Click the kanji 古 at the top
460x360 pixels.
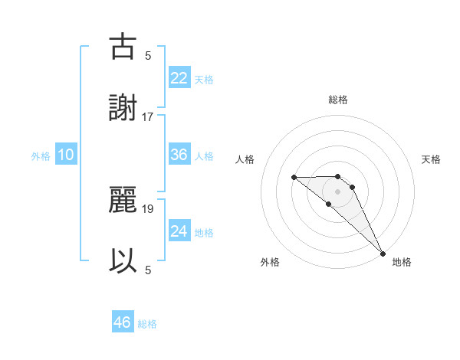point(123,47)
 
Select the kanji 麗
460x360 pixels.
point(123,198)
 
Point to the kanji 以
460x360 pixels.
point(123,260)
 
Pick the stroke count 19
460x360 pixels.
point(148,207)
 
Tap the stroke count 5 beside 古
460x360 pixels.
point(148,55)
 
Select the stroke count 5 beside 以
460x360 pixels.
point(148,269)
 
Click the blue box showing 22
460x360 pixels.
point(179,78)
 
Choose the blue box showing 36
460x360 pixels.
point(179,155)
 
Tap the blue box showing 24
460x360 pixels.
point(179,231)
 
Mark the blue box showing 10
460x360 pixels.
point(66,155)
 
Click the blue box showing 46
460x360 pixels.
point(123,322)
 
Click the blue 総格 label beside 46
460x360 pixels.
point(147,324)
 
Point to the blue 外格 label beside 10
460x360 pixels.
point(41,156)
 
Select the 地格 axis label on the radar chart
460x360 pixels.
point(402,262)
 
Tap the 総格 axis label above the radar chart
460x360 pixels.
point(338,100)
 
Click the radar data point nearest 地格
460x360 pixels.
point(382,253)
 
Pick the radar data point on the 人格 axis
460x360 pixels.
point(294,178)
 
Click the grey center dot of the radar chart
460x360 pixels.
point(338,191)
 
